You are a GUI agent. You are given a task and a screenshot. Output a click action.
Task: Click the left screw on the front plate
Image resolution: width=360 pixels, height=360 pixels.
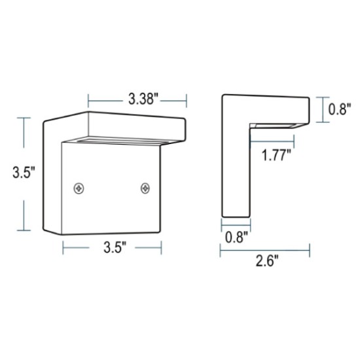(80, 189)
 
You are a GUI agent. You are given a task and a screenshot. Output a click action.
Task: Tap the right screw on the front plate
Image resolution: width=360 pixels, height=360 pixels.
(145, 189)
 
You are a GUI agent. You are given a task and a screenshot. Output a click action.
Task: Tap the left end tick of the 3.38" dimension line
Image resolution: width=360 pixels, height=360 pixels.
(88, 100)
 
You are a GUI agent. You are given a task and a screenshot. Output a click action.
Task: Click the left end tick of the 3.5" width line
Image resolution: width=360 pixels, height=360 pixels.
(63, 247)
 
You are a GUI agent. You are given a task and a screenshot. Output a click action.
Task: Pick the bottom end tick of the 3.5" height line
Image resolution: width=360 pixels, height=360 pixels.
(24, 230)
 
